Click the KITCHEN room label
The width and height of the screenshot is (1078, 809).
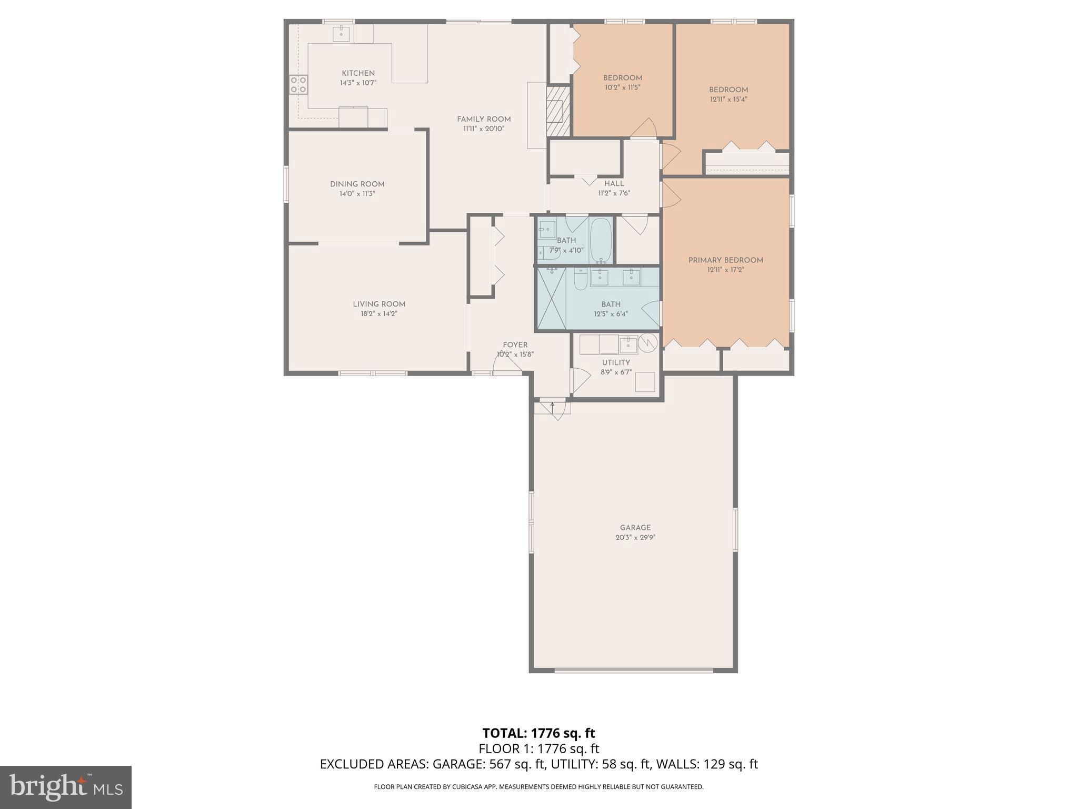(x=358, y=73)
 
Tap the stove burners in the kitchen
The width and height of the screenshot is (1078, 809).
(x=298, y=85)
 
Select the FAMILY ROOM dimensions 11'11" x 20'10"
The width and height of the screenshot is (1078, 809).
(x=484, y=129)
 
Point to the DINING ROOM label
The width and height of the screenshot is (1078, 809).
(x=357, y=184)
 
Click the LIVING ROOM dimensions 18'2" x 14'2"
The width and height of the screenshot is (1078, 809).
(x=378, y=314)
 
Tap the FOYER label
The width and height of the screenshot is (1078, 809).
(x=515, y=345)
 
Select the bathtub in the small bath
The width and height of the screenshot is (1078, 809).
(x=601, y=240)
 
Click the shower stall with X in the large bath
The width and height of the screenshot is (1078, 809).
(x=551, y=299)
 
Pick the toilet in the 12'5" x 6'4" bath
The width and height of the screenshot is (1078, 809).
(x=580, y=279)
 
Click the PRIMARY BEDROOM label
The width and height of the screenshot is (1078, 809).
(x=725, y=260)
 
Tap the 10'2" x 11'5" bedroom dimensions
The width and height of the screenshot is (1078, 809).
(x=622, y=87)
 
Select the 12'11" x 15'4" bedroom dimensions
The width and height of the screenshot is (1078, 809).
(x=728, y=99)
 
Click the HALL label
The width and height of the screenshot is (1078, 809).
(x=614, y=184)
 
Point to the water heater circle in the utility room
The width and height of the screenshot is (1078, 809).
(x=648, y=343)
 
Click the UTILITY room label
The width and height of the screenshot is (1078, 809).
(x=616, y=363)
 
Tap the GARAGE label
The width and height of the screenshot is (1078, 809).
(x=635, y=528)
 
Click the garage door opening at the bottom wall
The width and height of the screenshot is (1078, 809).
(x=633, y=670)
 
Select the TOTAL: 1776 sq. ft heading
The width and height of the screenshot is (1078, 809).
(x=538, y=733)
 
